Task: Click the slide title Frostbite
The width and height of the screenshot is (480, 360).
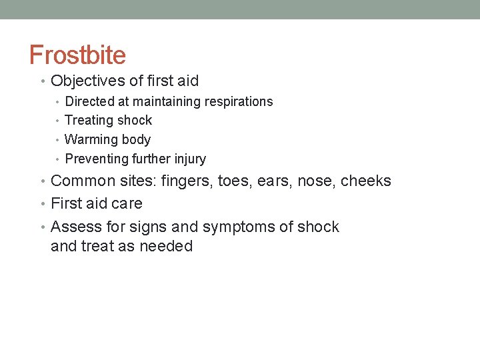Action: pyautogui.click(x=77, y=55)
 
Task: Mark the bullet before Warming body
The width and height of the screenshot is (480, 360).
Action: pyautogui.click(x=58, y=140)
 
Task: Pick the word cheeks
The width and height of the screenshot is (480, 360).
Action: pyautogui.click(x=366, y=181)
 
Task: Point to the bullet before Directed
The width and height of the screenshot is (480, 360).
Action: pyautogui.click(x=58, y=102)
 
